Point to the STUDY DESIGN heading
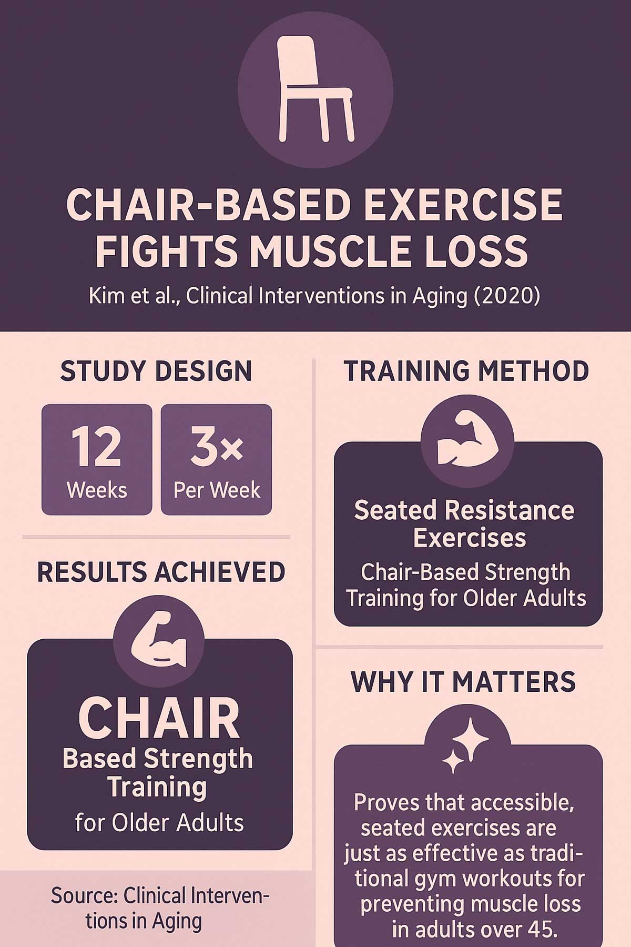tap(156, 371)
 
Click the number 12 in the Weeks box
tap(96, 447)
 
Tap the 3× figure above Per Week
tap(216, 447)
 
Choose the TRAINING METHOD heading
tap(466, 371)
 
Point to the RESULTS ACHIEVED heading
tap(161, 572)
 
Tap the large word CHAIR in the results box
tap(159, 718)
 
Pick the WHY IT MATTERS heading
tap(463, 682)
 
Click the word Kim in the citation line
tap(105, 296)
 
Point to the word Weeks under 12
tap(97, 490)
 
